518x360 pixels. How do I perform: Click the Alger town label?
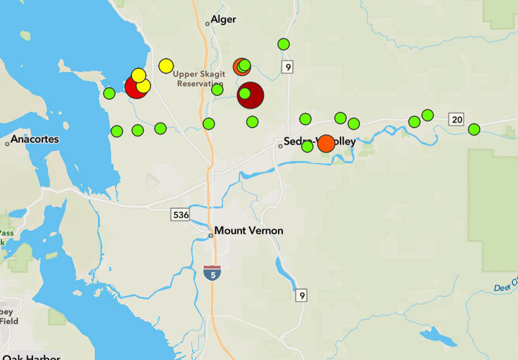[223, 20]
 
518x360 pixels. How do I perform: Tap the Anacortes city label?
[35, 139]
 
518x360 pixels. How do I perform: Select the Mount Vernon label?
[249, 231]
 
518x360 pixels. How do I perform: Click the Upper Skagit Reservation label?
[199, 79]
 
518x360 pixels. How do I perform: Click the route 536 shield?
[181, 215]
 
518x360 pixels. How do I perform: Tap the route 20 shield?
[456, 119]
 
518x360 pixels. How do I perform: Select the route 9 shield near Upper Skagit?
[287, 67]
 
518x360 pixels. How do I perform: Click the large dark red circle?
[251, 95]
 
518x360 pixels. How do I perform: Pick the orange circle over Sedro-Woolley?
[326, 143]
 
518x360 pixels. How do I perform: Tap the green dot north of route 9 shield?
[284, 44]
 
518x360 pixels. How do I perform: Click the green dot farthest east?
[474, 129]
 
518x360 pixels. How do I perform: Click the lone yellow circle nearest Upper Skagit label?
[166, 66]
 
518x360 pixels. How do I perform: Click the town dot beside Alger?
[207, 24]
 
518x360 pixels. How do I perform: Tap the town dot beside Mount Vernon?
[211, 236]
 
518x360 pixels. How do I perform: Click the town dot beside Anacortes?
[8, 144]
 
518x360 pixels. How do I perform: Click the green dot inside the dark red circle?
[245, 94]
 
